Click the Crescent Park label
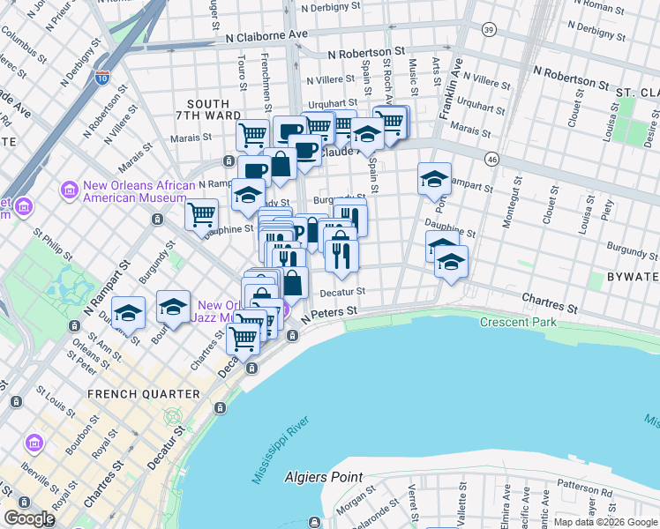(x=518, y=322)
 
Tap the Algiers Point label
(x=323, y=477)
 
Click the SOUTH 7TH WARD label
(x=202, y=109)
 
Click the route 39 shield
(x=488, y=30)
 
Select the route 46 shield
(x=491, y=158)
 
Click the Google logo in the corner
(x=29, y=518)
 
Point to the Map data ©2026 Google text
(x=604, y=522)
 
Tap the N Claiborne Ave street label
(x=266, y=36)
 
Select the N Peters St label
(x=329, y=312)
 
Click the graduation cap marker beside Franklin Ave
(x=434, y=179)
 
